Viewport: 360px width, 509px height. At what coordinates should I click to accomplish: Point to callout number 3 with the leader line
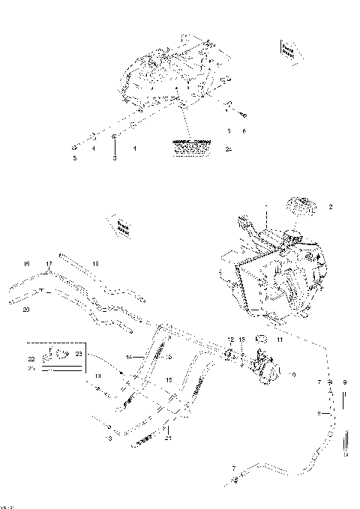115,159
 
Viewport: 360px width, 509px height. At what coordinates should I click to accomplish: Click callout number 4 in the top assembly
94,149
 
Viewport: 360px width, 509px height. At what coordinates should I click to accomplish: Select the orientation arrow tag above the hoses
122,226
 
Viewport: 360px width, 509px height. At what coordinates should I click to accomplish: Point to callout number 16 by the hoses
26,264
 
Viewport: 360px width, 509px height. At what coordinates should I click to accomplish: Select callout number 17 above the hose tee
49,264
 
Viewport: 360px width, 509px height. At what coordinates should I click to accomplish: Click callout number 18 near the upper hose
95,264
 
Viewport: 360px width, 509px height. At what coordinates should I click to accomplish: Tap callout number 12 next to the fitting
230,340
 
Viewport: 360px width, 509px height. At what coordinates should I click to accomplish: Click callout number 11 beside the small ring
280,340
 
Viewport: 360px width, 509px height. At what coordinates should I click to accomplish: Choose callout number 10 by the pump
292,373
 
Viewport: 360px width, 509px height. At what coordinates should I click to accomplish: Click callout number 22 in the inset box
31,360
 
